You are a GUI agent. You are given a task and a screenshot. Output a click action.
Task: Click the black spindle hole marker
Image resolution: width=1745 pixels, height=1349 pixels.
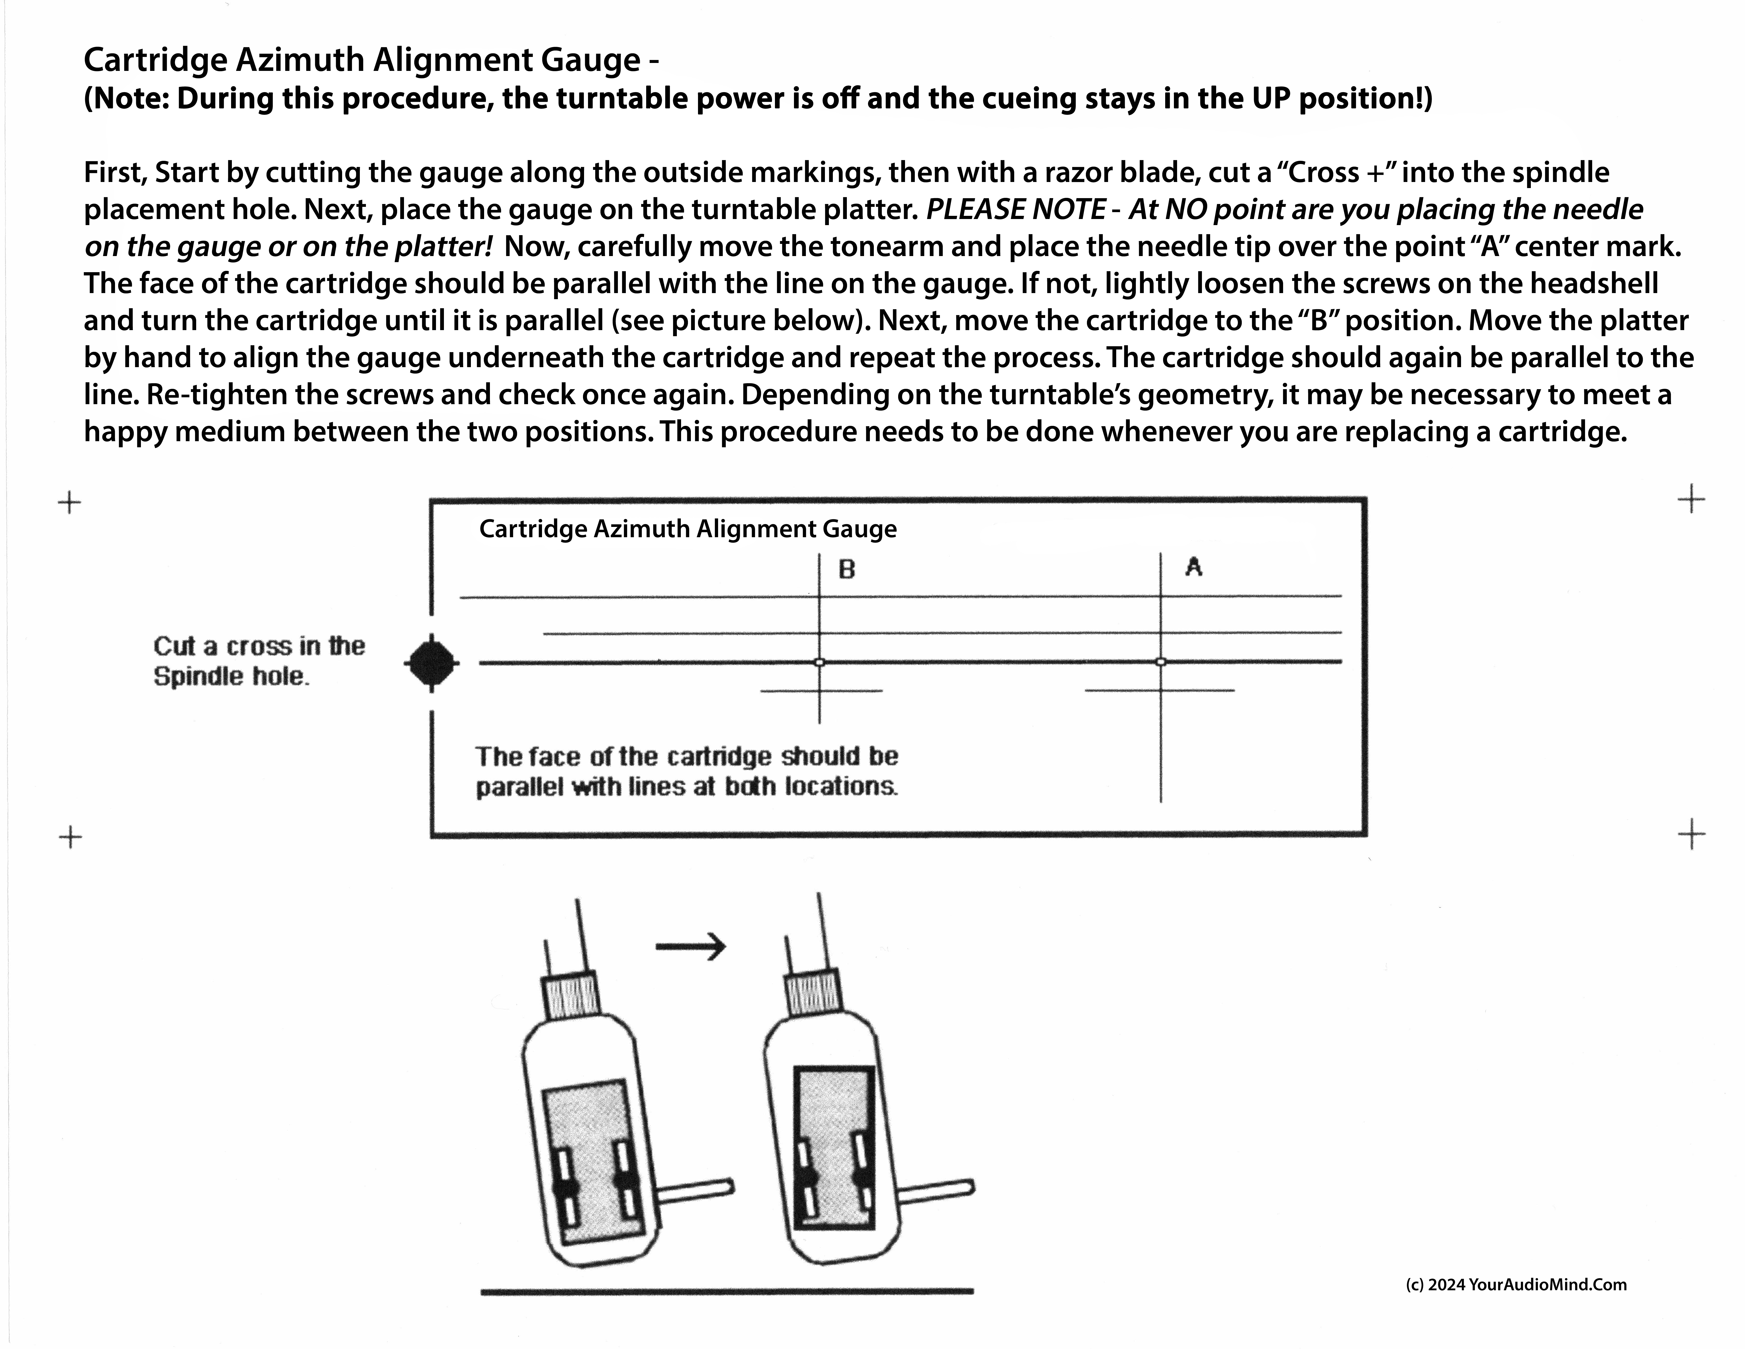coord(431,663)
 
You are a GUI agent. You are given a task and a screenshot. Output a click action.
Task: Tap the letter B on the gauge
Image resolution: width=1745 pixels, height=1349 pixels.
coord(847,570)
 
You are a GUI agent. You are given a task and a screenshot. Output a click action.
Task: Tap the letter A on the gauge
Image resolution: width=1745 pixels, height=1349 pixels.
coord(1194,567)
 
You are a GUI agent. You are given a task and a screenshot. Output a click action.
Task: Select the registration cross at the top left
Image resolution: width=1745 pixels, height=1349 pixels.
coord(70,503)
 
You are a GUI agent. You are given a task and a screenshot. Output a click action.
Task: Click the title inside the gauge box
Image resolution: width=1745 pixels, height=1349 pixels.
coord(687,529)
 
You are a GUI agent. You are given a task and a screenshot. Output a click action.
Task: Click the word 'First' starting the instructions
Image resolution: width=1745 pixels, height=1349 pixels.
coord(114,173)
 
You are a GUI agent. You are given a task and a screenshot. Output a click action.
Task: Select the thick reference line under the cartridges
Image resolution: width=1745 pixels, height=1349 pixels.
coord(727,1291)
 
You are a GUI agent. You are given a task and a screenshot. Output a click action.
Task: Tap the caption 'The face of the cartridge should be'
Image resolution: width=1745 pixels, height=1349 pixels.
coord(687,756)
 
